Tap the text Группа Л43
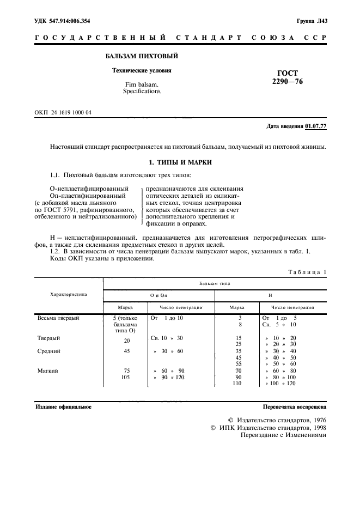click(311, 21)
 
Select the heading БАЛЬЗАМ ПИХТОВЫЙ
click(141, 56)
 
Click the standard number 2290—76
click(288, 82)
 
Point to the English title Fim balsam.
click(142, 84)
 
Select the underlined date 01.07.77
click(316, 126)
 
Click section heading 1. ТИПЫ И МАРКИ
click(180, 162)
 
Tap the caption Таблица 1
click(307, 271)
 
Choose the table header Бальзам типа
click(215, 284)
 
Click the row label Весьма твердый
click(58, 318)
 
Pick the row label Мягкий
click(47, 371)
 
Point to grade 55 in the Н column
click(238, 364)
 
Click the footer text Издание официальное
click(63, 407)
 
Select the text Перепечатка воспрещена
click(294, 407)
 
